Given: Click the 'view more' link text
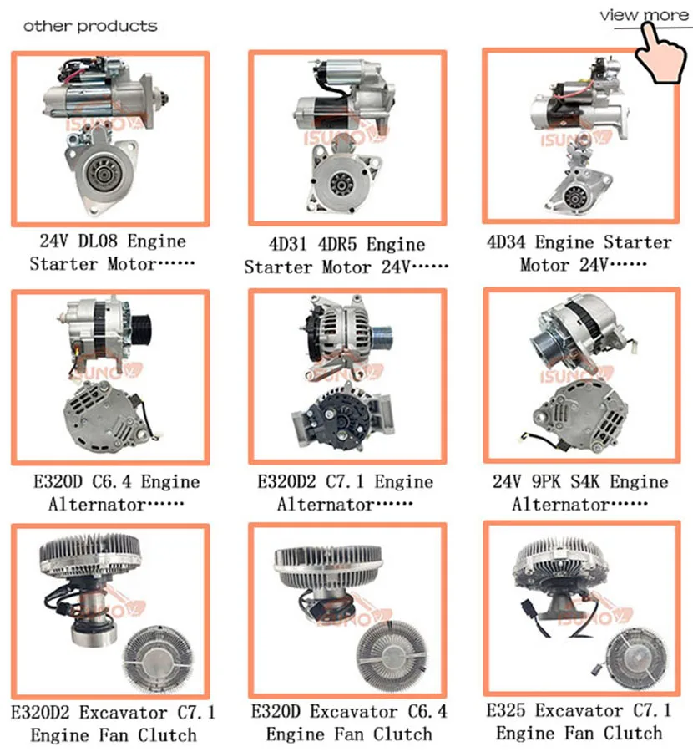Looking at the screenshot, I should point(642,15).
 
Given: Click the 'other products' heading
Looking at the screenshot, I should point(89,26).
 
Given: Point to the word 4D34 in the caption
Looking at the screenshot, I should point(508,242).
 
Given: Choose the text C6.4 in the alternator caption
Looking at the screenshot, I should point(111,482).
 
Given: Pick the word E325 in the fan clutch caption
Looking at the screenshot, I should point(508,711).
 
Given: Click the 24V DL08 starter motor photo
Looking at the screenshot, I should point(109,138).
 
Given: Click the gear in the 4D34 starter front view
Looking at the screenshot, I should point(574,197).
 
